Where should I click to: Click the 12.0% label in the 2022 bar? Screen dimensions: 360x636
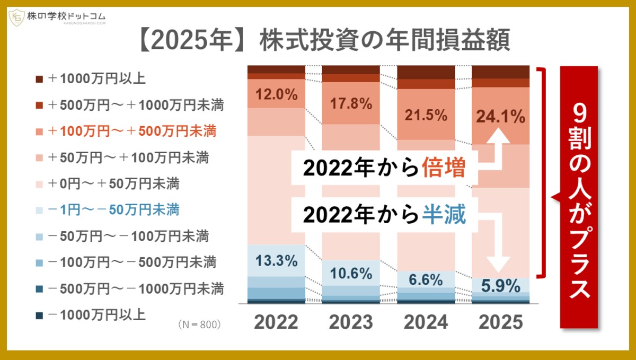[x=276, y=94]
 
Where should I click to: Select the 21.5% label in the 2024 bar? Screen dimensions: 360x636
[x=426, y=115]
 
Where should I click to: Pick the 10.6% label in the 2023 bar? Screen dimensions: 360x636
[x=351, y=273]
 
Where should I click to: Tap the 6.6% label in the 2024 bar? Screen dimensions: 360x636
[x=426, y=279]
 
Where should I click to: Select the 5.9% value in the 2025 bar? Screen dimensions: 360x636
[x=501, y=287]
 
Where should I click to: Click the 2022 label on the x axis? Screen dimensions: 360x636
[x=276, y=322]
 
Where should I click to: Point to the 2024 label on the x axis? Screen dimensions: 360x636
[x=426, y=322]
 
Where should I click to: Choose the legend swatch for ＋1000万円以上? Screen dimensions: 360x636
[x=39, y=80]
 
